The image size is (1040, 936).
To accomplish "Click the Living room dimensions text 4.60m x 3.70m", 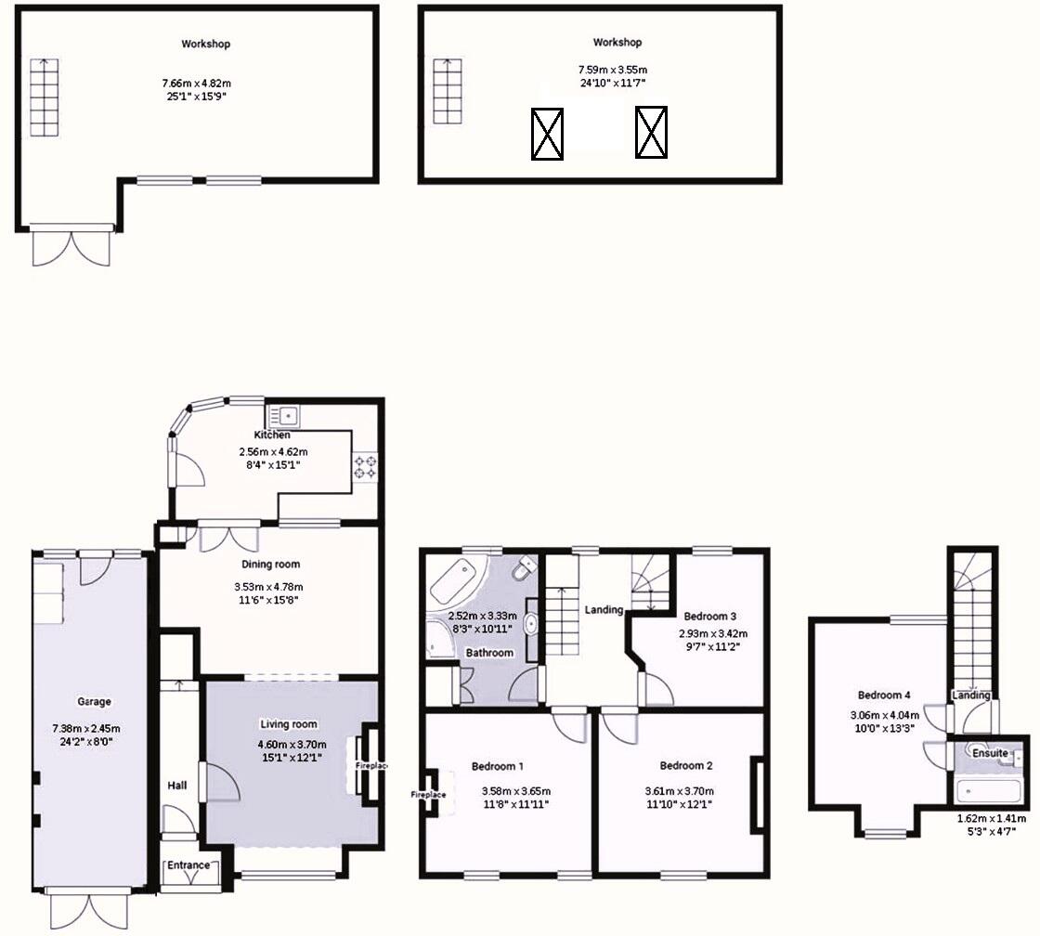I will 288,744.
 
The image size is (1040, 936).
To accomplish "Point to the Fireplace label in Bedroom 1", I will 430,795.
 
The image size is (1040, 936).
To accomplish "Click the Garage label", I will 95,702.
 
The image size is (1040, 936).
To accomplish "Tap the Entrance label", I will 189,865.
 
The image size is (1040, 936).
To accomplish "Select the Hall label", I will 176,786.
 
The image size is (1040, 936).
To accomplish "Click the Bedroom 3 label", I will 710,616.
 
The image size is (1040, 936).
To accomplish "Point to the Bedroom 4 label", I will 884,695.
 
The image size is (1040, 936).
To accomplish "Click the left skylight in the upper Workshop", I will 547,134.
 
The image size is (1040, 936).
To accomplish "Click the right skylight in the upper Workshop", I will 651,132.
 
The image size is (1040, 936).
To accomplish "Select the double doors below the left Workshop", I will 71,248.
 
